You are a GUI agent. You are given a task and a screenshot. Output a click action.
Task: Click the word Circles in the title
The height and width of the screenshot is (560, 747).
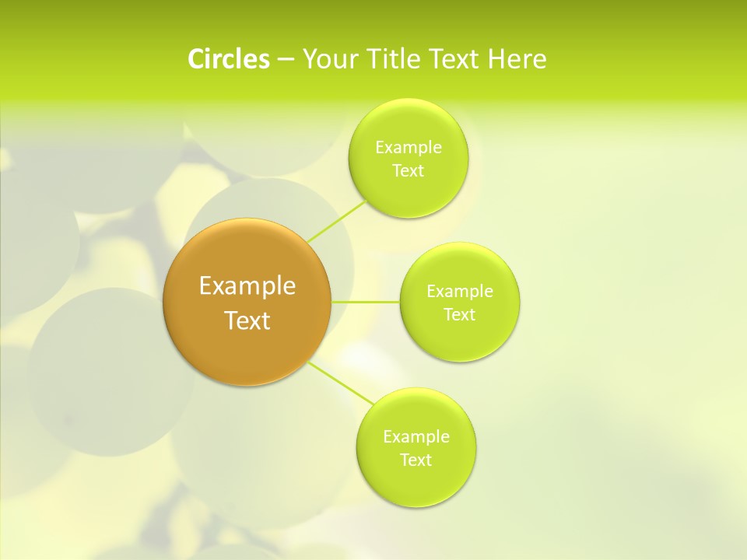pyautogui.click(x=228, y=59)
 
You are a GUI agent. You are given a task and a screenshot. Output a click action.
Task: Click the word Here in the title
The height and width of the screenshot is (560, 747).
pyautogui.click(x=517, y=59)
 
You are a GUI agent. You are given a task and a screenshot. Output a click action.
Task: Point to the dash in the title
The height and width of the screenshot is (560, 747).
pyautogui.click(x=285, y=60)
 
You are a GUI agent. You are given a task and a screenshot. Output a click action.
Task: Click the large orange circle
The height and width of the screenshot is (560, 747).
pyautogui.click(x=247, y=350)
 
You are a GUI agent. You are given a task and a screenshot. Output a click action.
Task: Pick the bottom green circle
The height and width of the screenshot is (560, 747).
pyautogui.click(x=416, y=482)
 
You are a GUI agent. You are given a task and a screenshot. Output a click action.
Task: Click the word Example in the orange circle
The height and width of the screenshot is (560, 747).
pyautogui.click(x=247, y=286)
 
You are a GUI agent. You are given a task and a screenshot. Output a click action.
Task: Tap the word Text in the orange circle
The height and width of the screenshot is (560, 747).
pyautogui.click(x=247, y=320)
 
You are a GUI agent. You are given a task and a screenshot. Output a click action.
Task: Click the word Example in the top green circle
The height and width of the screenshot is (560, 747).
pyautogui.click(x=408, y=148)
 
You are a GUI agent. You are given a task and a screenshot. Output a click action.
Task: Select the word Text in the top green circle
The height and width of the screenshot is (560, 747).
pyautogui.click(x=408, y=171)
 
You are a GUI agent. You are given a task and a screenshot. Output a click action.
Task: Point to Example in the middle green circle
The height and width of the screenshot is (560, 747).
pyautogui.click(x=459, y=292)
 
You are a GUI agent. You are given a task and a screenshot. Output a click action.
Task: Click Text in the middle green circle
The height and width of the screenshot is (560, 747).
pyautogui.click(x=459, y=315)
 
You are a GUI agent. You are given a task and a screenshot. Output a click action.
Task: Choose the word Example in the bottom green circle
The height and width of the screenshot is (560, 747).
pyautogui.click(x=416, y=437)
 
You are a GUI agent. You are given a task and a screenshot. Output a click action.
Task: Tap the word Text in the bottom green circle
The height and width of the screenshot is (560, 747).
pyautogui.click(x=416, y=460)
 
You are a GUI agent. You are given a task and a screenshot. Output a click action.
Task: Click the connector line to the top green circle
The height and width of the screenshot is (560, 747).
pyautogui.click(x=336, y=221)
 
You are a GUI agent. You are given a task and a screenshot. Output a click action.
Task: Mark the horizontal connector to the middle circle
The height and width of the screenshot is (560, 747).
pyautogui.click(x=366, y=301)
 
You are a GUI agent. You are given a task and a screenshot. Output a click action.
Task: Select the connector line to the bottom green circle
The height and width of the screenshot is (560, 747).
pyautogui.click(x=341, y=383)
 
